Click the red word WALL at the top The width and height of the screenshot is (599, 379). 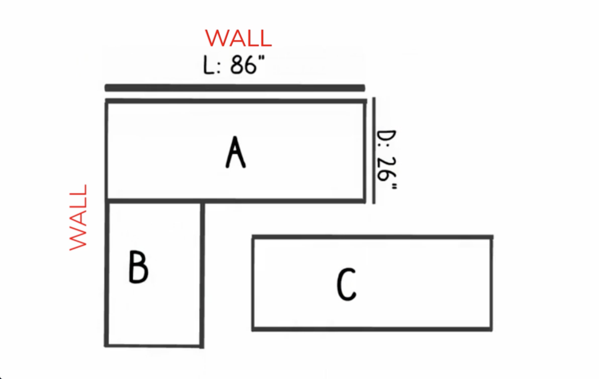239,38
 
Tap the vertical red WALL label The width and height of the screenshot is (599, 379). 78,217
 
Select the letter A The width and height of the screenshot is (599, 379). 236,152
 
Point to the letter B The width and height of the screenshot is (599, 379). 138,267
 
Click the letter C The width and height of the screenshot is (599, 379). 346,285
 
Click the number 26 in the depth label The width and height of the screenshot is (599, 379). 386,169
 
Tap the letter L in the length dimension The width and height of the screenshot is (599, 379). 208,65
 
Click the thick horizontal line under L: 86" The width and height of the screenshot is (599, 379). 235,88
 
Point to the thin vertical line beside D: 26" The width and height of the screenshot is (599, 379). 374,151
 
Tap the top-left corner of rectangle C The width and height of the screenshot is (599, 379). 253,237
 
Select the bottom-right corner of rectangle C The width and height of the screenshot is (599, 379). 491,329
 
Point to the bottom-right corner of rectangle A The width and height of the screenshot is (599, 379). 365,201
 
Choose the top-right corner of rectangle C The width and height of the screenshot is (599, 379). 492,237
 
